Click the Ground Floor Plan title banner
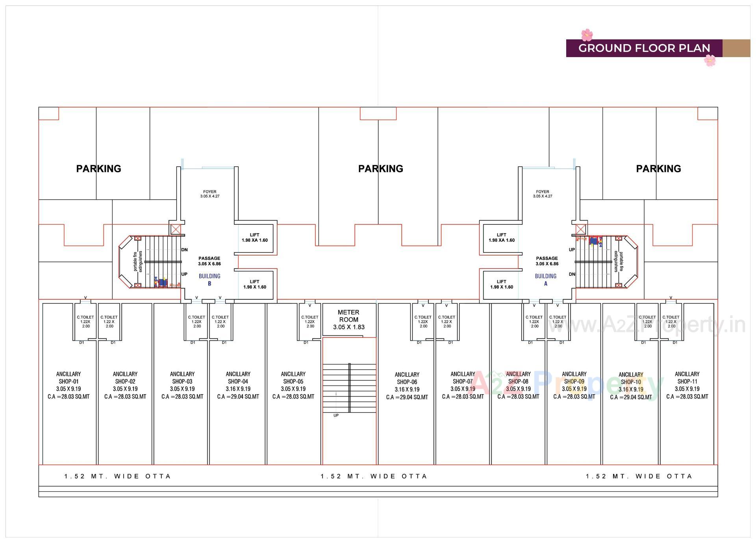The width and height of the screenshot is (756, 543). click(x=644, y=48)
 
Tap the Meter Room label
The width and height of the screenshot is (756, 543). click(x=348, y=319)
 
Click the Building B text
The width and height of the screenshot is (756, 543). click(x=209, y=280)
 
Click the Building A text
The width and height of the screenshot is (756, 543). click(x=546, y=280)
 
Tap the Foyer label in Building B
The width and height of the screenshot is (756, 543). click(x=210, y=194)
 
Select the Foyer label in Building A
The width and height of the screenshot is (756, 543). click(x=543, y=194)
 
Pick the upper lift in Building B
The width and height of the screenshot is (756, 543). click(x=255, y=237)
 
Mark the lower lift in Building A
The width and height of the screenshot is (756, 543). click(x=502, y=284)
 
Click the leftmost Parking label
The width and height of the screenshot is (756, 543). click(x=98, y=169)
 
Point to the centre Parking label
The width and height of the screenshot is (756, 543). click(x=380, y=169)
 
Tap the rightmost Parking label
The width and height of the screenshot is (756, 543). click(x=658, y=169)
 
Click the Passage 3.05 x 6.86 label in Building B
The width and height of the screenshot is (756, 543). click(x=209, y=261)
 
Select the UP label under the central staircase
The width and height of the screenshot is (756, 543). click(x=336, y=415)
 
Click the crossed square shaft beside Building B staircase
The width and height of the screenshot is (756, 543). click(x=176, y=229)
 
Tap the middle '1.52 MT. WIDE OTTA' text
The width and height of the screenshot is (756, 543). click(x=374, y=476)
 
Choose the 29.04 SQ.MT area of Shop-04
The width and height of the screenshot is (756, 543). click(x=238, y=397)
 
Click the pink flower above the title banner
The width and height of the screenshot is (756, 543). click(x=587, y=35)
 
